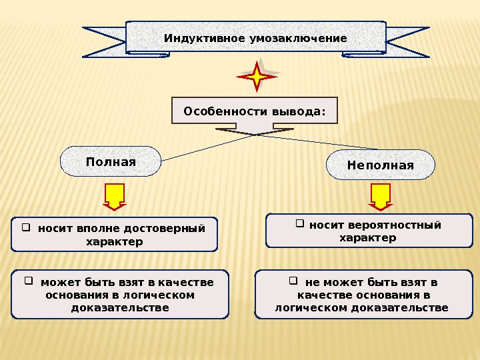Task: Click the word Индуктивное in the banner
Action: coord(205,39)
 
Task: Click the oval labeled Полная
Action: coord(111,163)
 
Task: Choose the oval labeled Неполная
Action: coord(380,165)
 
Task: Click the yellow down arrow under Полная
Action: coord(114,196)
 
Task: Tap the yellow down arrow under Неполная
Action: coord(380,196)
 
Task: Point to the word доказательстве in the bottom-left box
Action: coord(120,308)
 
